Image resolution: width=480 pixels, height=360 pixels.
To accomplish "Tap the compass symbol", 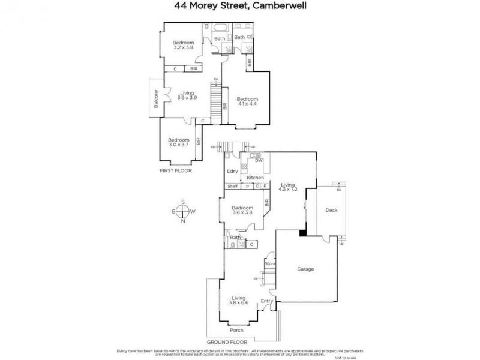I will click(x=183, y=211).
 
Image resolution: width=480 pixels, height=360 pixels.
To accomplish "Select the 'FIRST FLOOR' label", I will click(x=175, y=171).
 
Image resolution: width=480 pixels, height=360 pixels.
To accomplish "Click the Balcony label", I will click(x=155, y=99).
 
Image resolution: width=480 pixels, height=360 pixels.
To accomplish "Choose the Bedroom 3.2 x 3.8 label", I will click(x=184, y=44).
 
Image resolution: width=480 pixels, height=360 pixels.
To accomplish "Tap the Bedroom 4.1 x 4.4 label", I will click(x=247, y=101).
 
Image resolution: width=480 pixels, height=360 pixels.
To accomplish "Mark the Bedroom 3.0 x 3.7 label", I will click(x=178, y=142).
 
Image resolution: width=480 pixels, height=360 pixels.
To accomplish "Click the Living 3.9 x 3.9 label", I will click(x=188, y=95).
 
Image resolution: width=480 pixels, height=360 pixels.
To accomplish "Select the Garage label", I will click(x=305, y=269).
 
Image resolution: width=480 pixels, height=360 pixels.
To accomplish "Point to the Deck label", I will click(x=331, y=211).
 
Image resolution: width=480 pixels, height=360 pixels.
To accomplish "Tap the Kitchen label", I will click(x=255, y=178).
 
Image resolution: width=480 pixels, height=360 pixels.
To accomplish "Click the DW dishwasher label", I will click(x=259, y=161).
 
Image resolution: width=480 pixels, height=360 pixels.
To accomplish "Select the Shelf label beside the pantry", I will click(x=233, y=186).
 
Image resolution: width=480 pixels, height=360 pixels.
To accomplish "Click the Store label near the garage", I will click(x=270, y=263).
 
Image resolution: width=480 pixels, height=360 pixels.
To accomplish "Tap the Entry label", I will click(x=267, y=301).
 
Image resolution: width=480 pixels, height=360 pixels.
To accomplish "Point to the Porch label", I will click(x=237, y=330).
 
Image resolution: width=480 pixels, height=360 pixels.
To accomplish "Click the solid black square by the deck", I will click(x=303, y=233).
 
